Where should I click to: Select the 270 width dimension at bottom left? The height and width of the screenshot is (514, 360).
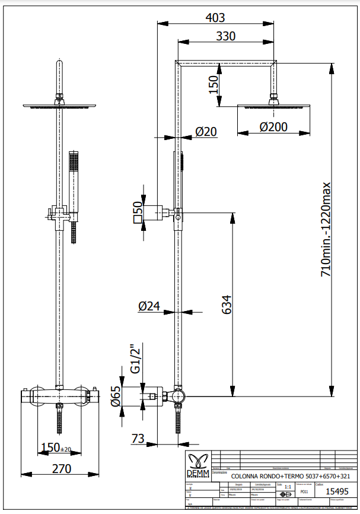(60, 468)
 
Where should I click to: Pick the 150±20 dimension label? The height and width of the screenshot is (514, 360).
(56, 447)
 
